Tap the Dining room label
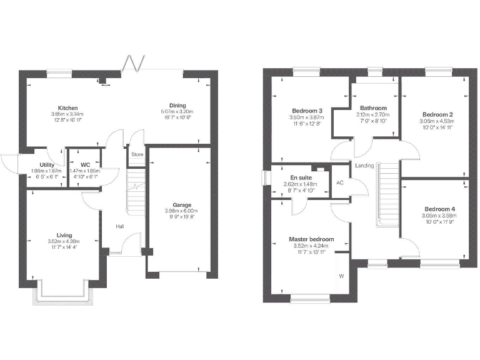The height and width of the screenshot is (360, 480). (177, 105)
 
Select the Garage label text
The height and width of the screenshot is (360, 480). (182, 205)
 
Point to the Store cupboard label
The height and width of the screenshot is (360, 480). (137, 154)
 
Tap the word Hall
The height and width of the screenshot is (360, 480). (118, 227)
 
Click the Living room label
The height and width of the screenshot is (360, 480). (64, 235)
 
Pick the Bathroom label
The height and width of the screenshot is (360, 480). (372, 108)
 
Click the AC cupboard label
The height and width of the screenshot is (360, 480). (340, 183)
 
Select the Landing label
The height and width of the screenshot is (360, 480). (364, 166)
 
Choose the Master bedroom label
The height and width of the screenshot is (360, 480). (311, 239)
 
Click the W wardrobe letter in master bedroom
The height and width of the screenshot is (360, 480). (341, 276)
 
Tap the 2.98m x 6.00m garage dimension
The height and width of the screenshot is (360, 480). (182, 211)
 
